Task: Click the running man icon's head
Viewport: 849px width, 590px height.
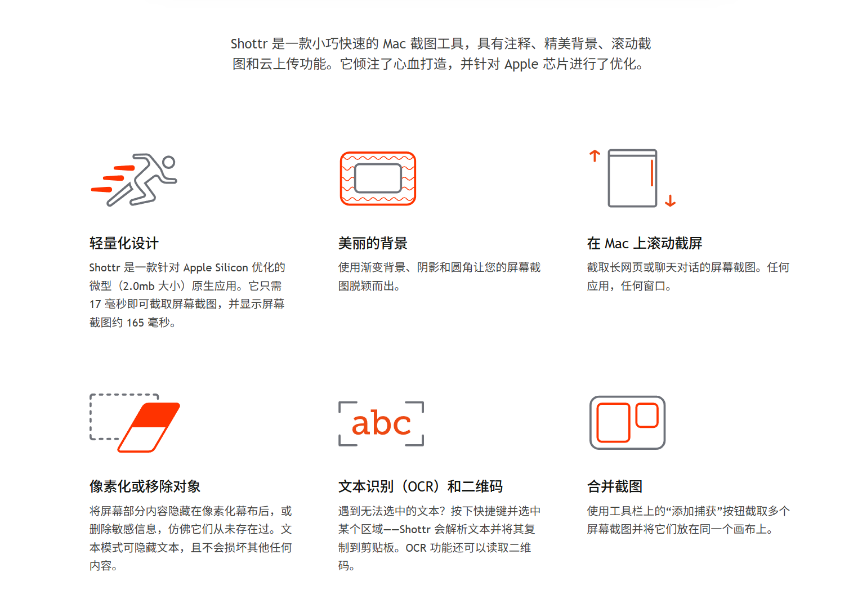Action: [x=169, y=162]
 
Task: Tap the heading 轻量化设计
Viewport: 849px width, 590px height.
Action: [x=124, y=243]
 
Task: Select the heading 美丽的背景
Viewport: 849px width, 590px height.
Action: [x=373, y=243]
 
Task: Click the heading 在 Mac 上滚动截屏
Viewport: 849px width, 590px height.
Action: [x=644, y=243]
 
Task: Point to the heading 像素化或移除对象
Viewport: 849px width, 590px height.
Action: [x=145, y=486]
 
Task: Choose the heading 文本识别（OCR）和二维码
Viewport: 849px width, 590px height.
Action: [x=421, y=486]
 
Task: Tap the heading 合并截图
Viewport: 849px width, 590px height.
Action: [x=615, y=486]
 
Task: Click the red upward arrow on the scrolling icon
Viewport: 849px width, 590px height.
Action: [x=595, y=156]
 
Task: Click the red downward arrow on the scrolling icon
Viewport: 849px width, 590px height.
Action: [x=670, y=200]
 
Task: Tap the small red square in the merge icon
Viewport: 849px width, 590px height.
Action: [x=647, y=415]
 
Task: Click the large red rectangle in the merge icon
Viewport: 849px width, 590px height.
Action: [x=613, y=422]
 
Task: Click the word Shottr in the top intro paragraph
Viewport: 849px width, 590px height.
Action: [x=249, y=44]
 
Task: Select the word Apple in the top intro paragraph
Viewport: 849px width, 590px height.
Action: [x=521, y=64]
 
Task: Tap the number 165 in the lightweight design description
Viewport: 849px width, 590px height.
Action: [x=135, y=323]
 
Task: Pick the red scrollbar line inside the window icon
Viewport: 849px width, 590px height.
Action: [x=652, y=173]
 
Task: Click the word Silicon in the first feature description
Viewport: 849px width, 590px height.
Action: [x=231, y=267]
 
